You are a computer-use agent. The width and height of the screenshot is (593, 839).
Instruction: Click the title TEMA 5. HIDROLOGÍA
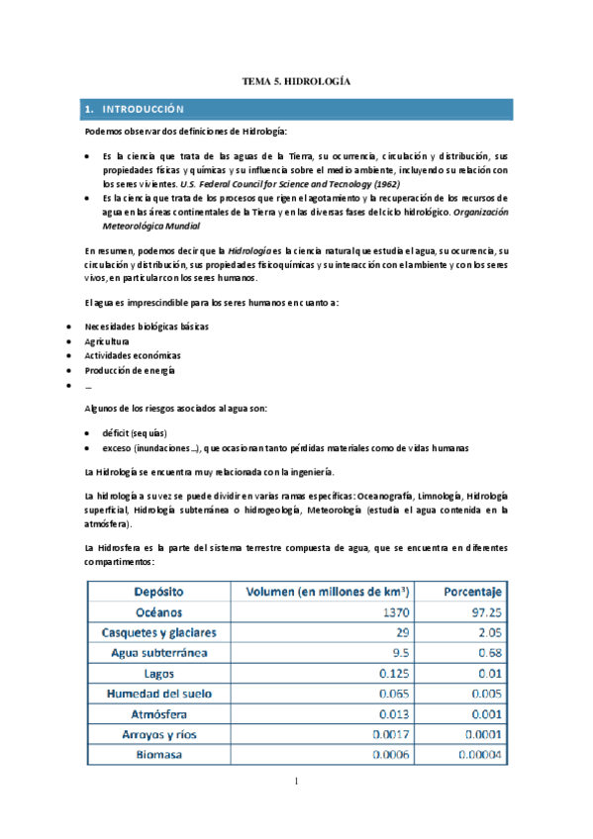297,82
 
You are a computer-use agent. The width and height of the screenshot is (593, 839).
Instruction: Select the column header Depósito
158,592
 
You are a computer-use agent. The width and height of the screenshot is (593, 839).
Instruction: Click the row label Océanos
158,612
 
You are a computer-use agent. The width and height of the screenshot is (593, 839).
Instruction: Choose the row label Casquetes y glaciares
158,632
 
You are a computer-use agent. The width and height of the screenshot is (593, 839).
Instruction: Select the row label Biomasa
158,756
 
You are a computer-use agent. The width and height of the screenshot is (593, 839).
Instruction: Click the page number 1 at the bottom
296,783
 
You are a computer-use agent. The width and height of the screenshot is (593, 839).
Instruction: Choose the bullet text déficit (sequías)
135,432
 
